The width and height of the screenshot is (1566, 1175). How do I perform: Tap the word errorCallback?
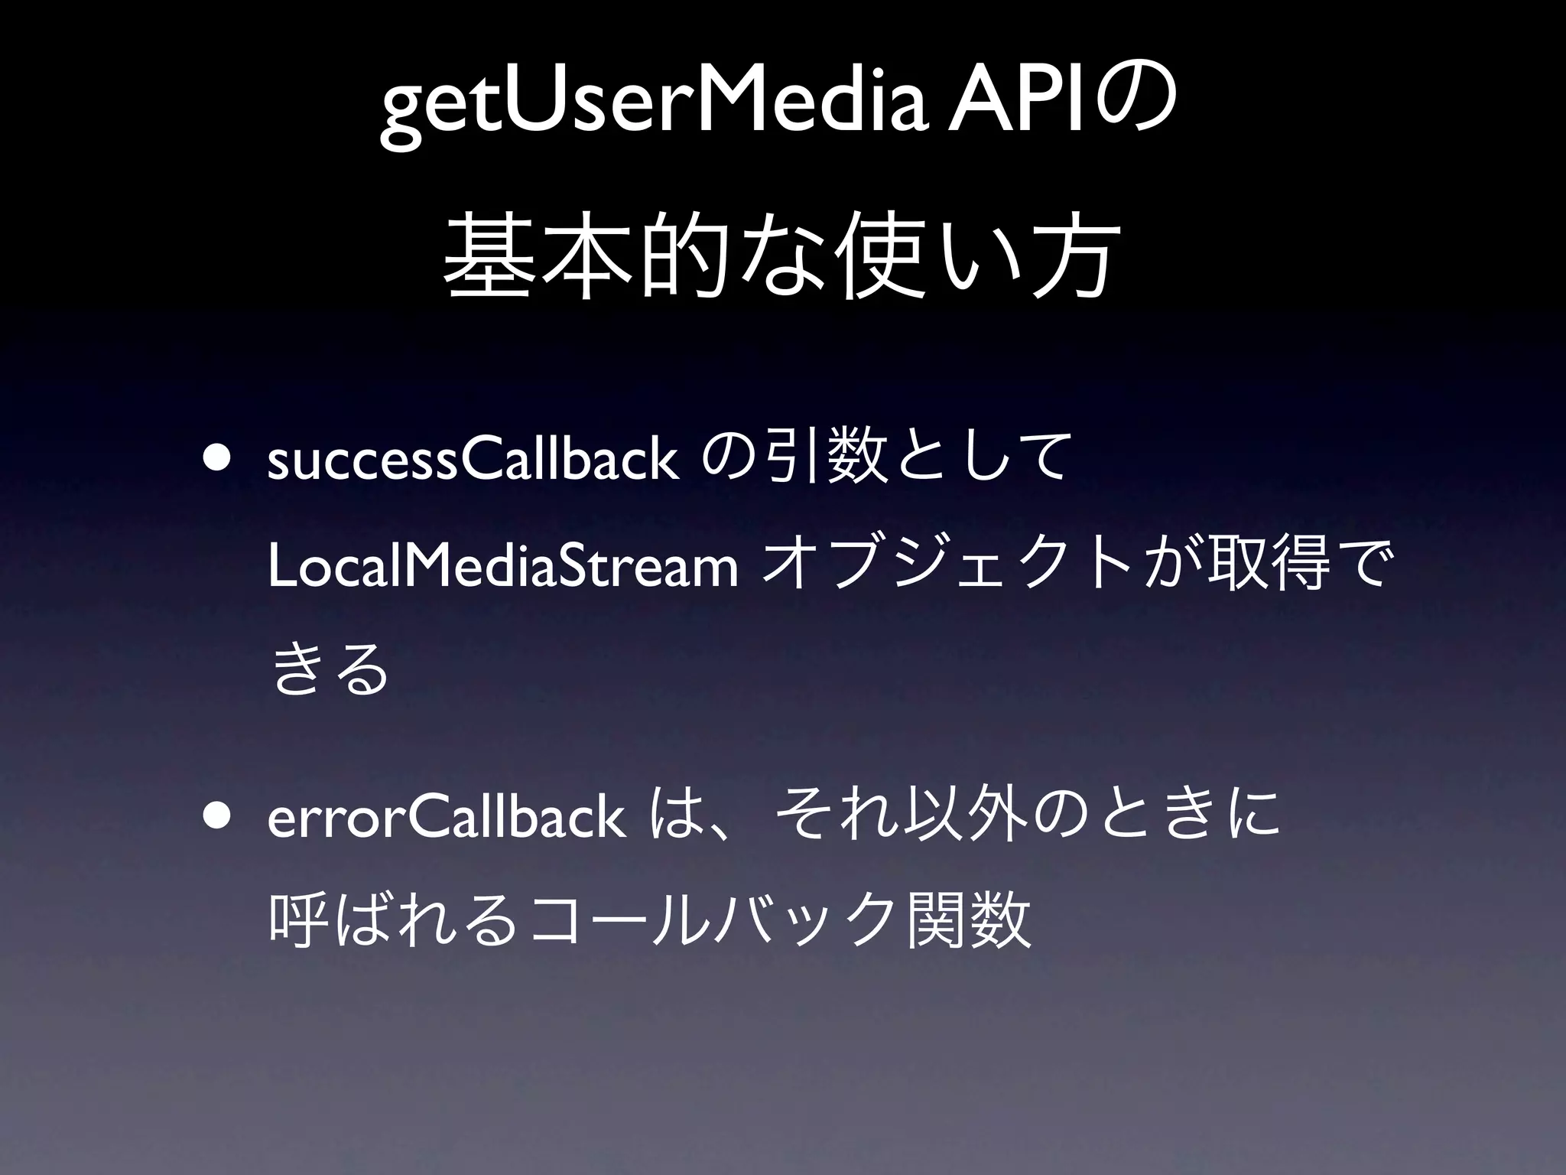(x=447, y=819)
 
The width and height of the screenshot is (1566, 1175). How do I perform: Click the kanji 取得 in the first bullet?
(x=1262, y=571)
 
